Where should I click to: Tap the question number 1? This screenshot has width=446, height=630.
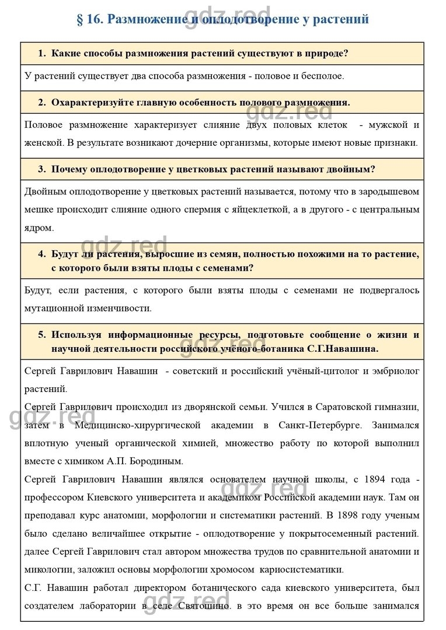[x=41, y=53]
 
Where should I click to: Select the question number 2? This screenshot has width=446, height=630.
[x=41, y=102]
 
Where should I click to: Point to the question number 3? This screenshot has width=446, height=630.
[x=41, y=169]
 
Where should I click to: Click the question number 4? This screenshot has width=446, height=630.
[x=41, y=254]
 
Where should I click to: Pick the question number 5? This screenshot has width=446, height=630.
[x=41, y=335]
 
